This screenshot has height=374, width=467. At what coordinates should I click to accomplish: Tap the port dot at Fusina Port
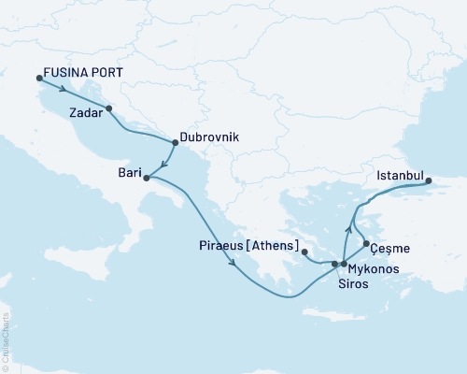38,78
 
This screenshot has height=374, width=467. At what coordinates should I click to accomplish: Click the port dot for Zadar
110,108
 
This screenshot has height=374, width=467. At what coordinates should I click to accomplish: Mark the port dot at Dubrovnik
176,142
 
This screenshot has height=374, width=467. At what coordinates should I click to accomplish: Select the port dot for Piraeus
305,252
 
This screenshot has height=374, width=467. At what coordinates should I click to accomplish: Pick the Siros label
352,284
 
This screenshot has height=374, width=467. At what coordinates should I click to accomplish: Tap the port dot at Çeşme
364,244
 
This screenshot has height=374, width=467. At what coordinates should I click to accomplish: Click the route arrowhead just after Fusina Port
63,90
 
